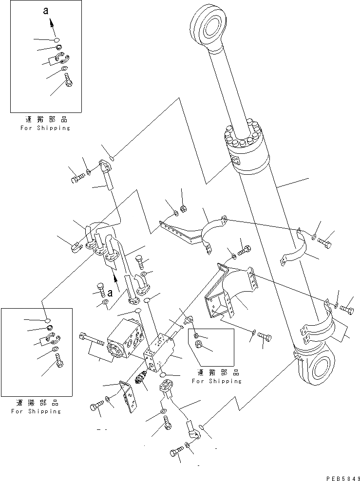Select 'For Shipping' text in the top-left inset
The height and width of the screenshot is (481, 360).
[45, 128]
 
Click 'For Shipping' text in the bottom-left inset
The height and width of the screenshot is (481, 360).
[37, 411]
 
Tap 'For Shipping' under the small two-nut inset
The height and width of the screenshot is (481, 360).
[216, 381]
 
